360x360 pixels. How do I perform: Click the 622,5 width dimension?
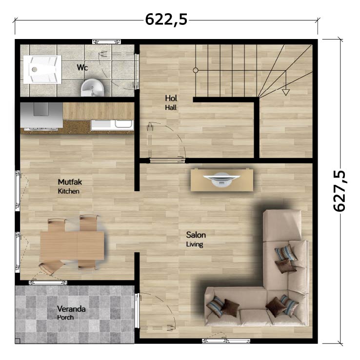tap(166, 20)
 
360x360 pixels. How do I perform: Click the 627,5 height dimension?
tap(340, 191)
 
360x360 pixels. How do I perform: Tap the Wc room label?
tap(82, 67)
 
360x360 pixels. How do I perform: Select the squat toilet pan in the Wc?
tap(42, 69)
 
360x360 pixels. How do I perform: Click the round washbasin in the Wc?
tap(92, 88)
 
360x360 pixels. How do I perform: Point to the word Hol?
tap(171, 98)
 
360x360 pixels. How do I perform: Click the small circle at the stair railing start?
tap(196, 70)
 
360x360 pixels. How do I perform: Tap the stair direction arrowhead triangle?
tap(286, 92)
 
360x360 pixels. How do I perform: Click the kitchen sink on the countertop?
tap(112, 125)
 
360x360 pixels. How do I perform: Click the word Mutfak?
tap(70, 182)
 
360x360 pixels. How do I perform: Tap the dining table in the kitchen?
tap(72, 246)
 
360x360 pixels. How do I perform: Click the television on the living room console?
tap(222, 180)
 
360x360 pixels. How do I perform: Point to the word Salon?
tap(196, 235)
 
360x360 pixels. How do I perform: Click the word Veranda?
tap(71, 309)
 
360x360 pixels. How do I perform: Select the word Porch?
tap(65, 318)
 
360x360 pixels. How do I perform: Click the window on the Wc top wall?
tap(106, 42)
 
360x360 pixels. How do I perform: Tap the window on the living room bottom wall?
tap(226, 341)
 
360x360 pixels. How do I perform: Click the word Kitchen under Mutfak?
tap(69, 191)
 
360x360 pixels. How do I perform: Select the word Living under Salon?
tap(195, 244)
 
